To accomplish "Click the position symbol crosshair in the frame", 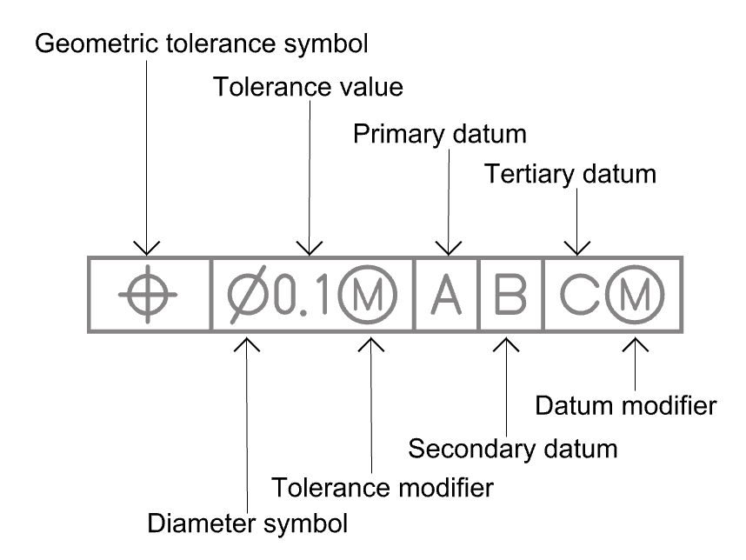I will (148, 294).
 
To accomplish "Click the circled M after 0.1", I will (371, 294).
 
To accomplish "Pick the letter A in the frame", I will (447, 294).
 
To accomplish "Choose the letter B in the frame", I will (511, 294).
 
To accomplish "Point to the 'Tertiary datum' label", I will (569, 175).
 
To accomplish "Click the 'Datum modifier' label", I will (626, 405).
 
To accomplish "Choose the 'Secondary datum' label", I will (513, 449).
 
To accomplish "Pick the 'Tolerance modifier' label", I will (383, 487).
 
